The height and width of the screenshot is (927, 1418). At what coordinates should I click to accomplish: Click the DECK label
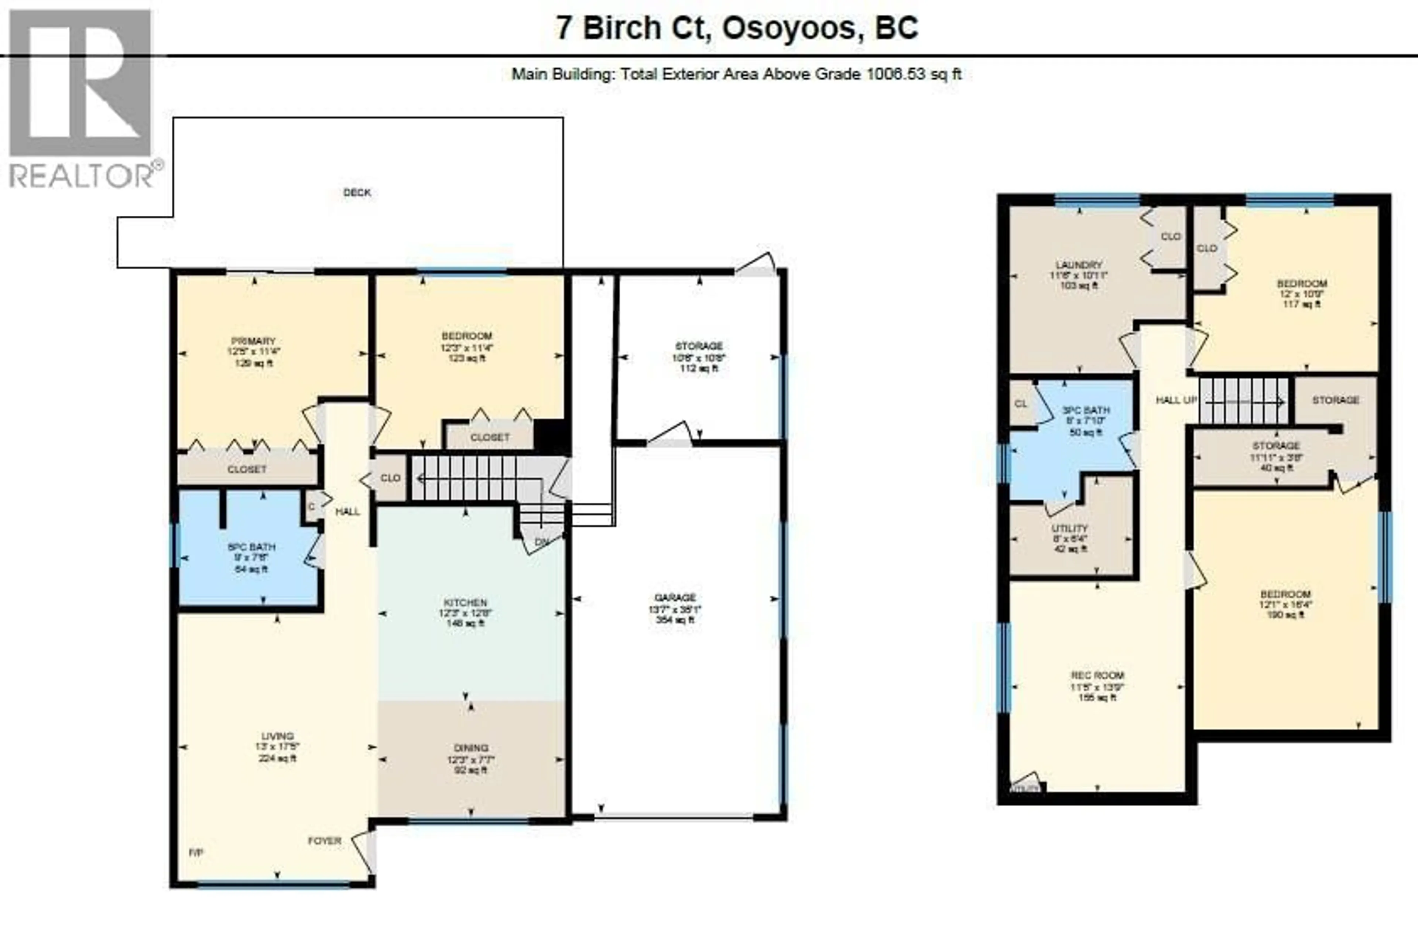point(357,192)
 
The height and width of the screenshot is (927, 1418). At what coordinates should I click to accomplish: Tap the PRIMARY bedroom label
point(254,341)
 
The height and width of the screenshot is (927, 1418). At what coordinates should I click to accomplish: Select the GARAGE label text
point(675,598)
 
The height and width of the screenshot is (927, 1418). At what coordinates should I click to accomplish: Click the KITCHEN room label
point(465,602)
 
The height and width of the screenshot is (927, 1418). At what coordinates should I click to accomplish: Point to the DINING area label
point(471,748)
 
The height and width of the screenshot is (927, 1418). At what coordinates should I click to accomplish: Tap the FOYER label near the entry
point(324,841)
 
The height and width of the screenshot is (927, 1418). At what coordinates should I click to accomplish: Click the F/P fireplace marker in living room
point(196,852)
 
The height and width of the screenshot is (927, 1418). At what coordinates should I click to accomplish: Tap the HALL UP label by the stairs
point(1176,400)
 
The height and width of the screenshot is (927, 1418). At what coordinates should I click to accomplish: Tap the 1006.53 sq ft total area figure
point(913,75)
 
